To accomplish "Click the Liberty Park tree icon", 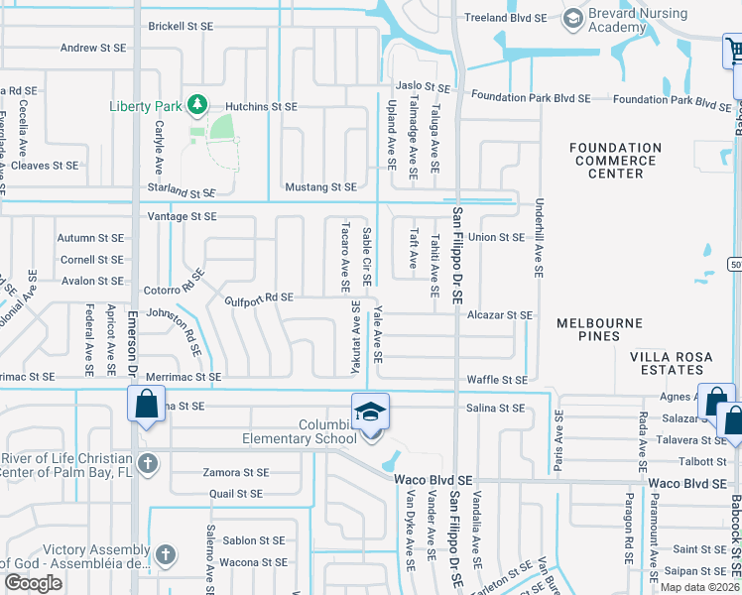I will tap(197, 104).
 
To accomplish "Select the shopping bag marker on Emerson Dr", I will tap(146, 405).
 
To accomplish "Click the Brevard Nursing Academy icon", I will tap(572, 19).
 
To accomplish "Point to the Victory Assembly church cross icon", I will tap(165, 555).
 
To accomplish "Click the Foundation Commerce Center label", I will tap(615, 161).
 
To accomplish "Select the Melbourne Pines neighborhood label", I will tap(599, 324).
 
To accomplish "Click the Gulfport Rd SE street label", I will tap(259, 297).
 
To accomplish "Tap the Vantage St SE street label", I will tap(182, 216).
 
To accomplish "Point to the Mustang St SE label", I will tap(320, 186).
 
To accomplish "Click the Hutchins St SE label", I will tap(261, 106).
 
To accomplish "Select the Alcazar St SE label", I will tap(501, 315).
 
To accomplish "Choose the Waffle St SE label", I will tap(497, 380).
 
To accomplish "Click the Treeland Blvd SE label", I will tap(506, 18).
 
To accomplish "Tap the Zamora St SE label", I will tap(236, 473).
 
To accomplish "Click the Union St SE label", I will tap(496, 237).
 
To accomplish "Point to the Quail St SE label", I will tap(236, 493).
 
